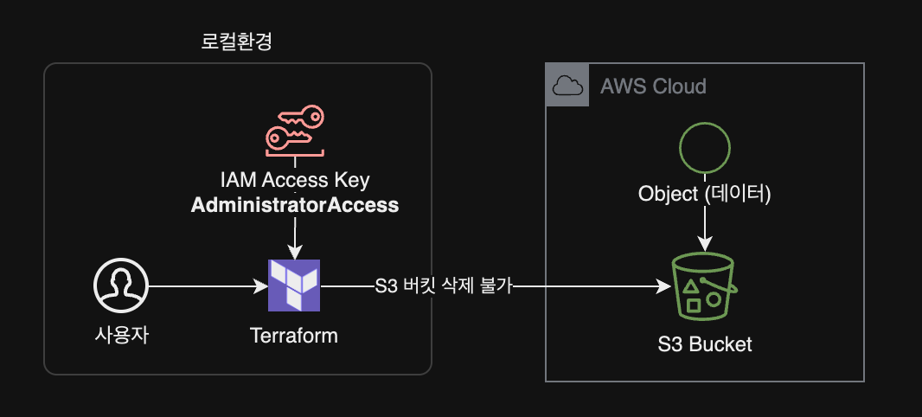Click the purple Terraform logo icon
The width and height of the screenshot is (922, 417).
pyautogui.click(x=294, y=285)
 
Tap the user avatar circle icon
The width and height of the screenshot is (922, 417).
pyautogui.click(x=121, y=286)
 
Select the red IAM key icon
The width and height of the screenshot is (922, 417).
pyautogui.click(x=294, y=130)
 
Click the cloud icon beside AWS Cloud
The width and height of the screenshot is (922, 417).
pyautogui.click(x=567, y=86)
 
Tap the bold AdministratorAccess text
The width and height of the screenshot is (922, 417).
pyautogui.click(x=294, y=205)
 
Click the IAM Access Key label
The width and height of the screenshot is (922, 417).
pyautogui.click(x=294, y=181)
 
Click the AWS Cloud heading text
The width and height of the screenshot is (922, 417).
pyautogui.click(x=653, y=87)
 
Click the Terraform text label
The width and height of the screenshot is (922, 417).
pyautogui.click(x=294, y=336)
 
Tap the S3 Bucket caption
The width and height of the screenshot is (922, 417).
pyautogui.click(x=704, y=344)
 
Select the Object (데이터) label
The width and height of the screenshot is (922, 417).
pyautogui.click(x=704, y=194)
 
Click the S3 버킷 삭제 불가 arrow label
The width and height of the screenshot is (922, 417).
pyautogui.click(x=445, y=286)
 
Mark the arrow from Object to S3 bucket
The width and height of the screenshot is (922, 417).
pyautogui.click(x=705, y=227)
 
